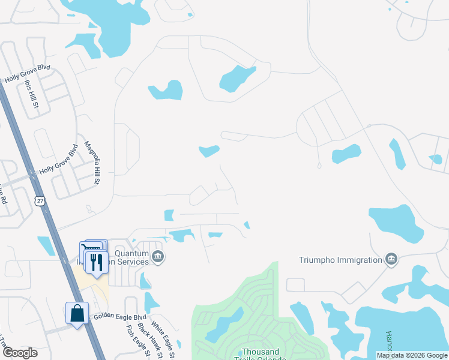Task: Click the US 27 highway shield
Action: tap(40, 200)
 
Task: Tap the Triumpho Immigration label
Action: tap(340, 260)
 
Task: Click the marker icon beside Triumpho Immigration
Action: tap(391, 259)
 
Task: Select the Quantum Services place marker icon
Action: tap(158, 257)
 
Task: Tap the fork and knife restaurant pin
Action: tap(95, 262)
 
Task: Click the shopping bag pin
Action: tap(77, 313)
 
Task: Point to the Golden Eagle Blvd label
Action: tap(119, 316)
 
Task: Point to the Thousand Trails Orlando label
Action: tap(261, 352)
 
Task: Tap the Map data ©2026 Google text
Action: tap(411, 355)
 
